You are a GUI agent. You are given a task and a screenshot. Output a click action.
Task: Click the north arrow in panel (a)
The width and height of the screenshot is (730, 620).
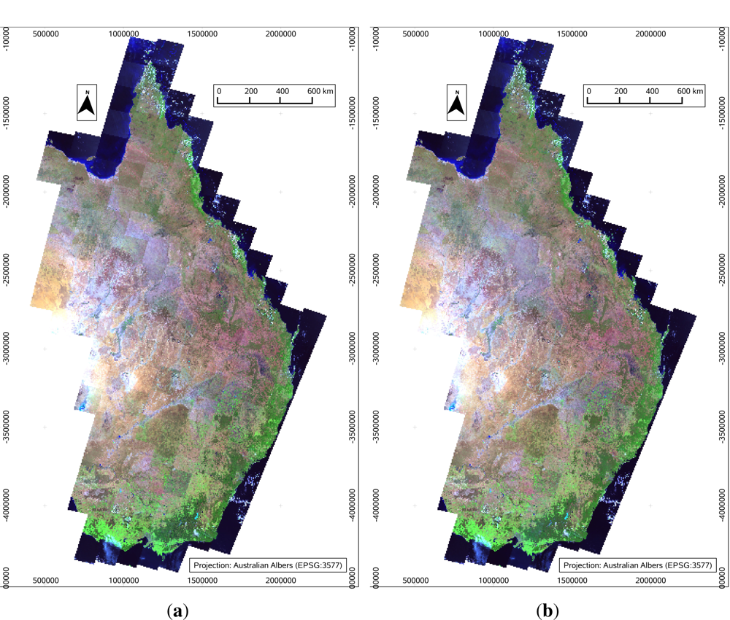(88, 103)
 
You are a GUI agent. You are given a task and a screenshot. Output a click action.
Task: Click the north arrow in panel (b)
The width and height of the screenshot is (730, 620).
(457, 103)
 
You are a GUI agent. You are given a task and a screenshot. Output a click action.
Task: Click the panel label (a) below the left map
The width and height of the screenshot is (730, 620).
(176, 611)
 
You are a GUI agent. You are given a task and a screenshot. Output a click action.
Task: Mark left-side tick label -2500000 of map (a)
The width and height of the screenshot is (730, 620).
(8, 272)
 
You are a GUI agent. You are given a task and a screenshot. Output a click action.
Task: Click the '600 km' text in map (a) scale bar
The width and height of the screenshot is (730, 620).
(321, 90)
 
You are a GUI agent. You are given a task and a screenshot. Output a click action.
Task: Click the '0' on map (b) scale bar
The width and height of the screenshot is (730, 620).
(588, 90)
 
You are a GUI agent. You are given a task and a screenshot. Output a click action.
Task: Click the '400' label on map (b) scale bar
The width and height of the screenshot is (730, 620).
(653, 90)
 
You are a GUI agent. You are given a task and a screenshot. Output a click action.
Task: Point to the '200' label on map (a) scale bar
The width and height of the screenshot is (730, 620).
(251, 90)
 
